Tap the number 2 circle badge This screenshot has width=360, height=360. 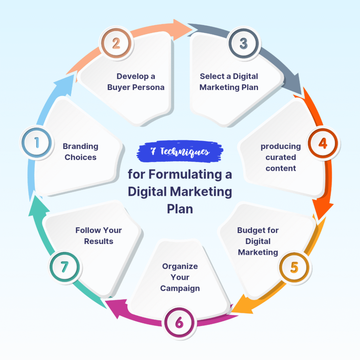[116, 44]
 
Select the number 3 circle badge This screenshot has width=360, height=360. [243, 44]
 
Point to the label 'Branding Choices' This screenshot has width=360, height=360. [81, 152]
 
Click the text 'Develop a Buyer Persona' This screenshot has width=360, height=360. [136, 82]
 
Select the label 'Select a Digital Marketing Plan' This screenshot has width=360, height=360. [229, 82]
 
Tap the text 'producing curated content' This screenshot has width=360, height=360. [281, 157]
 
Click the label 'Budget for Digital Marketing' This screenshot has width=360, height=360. [258, 241]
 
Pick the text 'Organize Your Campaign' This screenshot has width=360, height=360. [180, 277]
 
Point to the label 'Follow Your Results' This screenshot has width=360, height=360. [99, 236]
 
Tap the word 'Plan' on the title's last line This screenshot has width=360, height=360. [180, 208]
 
